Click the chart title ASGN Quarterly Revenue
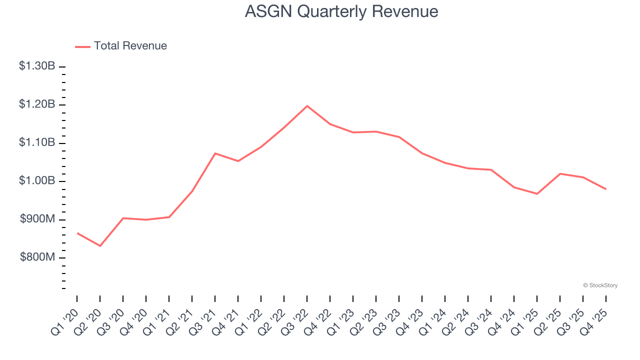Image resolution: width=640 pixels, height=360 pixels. (341, 11)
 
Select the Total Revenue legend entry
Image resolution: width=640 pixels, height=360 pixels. (121, 46)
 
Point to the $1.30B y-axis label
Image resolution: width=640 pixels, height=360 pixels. (37, 66)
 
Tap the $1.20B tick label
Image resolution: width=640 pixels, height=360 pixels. (37, 104)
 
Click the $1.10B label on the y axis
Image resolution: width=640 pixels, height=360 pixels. (37, 143)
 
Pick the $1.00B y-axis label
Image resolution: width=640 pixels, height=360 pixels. (37, 181)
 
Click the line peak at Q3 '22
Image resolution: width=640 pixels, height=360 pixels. (307, 106)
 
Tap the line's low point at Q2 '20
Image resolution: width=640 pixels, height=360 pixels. (100, 246)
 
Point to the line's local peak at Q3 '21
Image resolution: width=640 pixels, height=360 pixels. (215, 153)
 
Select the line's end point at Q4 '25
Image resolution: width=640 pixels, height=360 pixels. (606, 189)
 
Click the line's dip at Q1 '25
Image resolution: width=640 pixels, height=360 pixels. (537, 193)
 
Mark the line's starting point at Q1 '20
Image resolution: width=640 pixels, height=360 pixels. (77, 233)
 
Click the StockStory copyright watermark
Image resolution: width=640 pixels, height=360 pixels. (600, 285)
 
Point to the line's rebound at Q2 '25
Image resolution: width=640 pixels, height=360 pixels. (560, 173)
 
